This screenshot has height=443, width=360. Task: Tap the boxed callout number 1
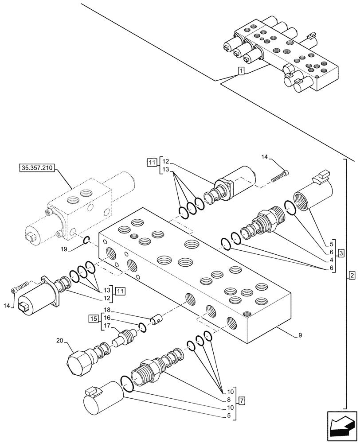coord(240,71)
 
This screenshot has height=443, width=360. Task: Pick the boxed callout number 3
coord(341,253)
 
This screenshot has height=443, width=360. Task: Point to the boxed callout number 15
coord(92,319)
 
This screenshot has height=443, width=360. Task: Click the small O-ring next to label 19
coord(87,241)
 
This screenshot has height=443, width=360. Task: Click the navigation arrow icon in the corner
coord(341,427)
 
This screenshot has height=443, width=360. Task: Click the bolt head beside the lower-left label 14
coord(13,291)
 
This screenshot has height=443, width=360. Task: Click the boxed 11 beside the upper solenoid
coord(152,163)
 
